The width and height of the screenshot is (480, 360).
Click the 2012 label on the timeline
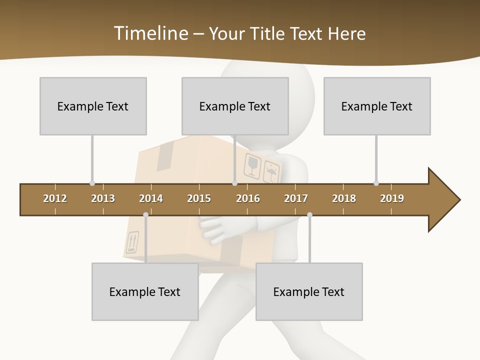(x=55, y=198)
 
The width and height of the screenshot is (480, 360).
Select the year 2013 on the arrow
(x=103, y=198)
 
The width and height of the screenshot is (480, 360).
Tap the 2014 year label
(x=151, y=198)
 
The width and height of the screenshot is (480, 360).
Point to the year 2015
(x=199, y=198)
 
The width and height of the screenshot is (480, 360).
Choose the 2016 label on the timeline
(x=248, y=198)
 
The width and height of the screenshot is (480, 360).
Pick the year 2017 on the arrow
(x=296, y=198)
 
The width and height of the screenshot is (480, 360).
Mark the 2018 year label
(x=344, y=198)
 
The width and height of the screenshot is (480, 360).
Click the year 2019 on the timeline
(x=392, y=198)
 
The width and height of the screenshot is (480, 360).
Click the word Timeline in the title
(x=149, y=33)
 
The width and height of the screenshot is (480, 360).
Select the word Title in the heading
(x=269, y=33)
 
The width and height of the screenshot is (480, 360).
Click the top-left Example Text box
(x=93, y=106)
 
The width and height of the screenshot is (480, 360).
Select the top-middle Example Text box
(x=235, y=106)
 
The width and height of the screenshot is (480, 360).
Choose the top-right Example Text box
(x=377, y=106)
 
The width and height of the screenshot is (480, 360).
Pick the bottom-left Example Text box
(x=145, y=291)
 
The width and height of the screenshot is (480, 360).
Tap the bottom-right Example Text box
(x=309, y=291)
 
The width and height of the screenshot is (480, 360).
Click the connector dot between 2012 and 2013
(x=92, y=183)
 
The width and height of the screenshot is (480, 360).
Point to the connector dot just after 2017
(x=309, y=215)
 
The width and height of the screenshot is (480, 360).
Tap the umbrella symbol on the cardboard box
(x=271, y=173)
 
